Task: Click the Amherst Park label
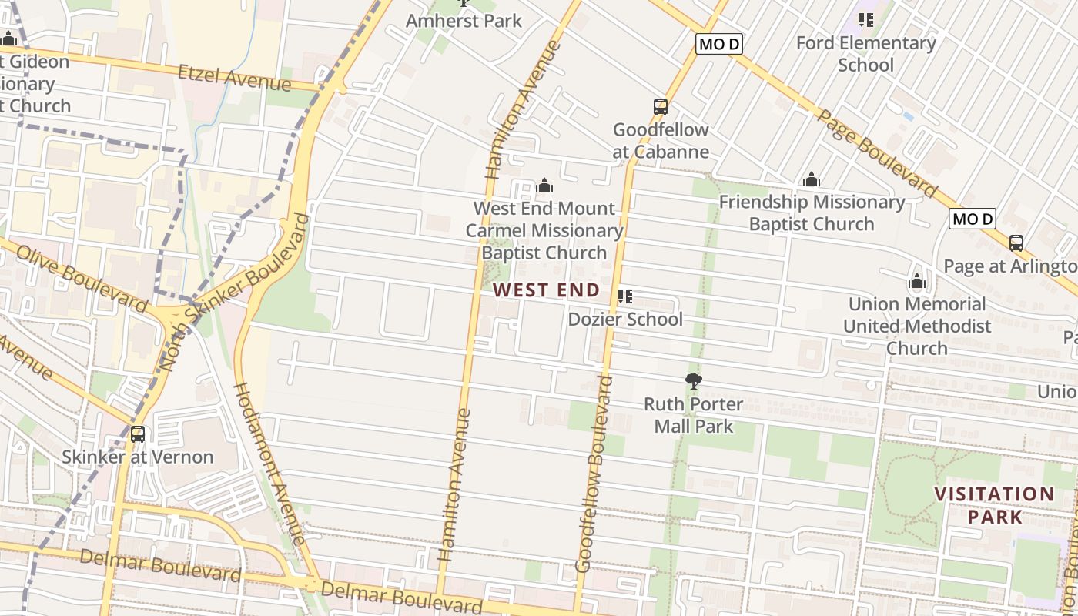tap(464, 21)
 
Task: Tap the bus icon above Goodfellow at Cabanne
tap(661, 107)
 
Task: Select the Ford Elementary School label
tap(865, 53)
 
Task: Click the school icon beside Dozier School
tap(625, 296)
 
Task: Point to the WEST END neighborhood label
tap(546, 290)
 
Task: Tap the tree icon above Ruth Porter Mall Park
tap(694, 380)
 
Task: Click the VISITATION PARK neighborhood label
tap(994, 505)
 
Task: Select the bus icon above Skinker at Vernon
tap(138, 434)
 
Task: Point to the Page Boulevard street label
tap(877, 153)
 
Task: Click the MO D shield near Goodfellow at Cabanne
tap(718, 44)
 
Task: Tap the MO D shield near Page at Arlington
tap(973, 219)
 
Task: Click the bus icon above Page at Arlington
tap(1016, 243)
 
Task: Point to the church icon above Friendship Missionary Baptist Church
tap(811, 180)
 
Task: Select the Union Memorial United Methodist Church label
tap(916, 326)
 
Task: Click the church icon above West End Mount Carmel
tap(544, 186)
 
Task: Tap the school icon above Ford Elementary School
tap(865, 20)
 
